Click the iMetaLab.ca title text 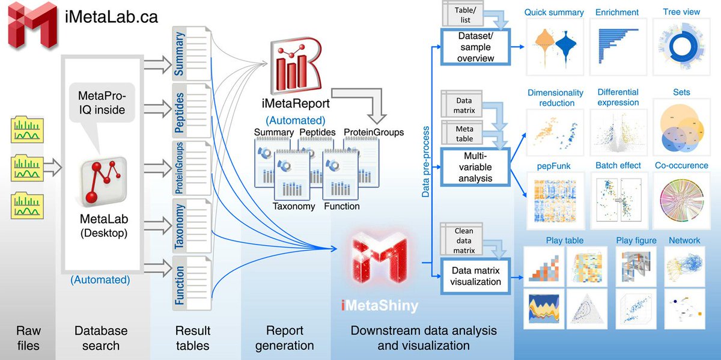tap(111, 16)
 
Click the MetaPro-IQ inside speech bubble tap(102, 103)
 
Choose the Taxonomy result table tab tap(180, 226)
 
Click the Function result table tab tap(180, 283)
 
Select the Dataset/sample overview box tap(474, 47)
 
